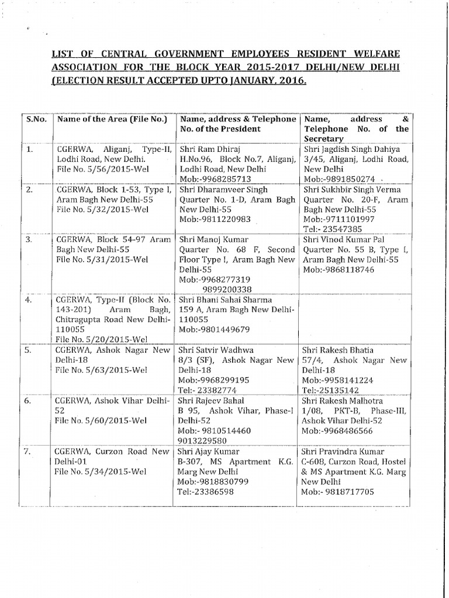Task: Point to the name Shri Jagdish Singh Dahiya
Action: coord(350,149)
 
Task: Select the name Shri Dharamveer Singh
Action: coord(223,190)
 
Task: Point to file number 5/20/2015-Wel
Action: coord(100,339)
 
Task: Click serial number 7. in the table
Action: coord(29,451)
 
